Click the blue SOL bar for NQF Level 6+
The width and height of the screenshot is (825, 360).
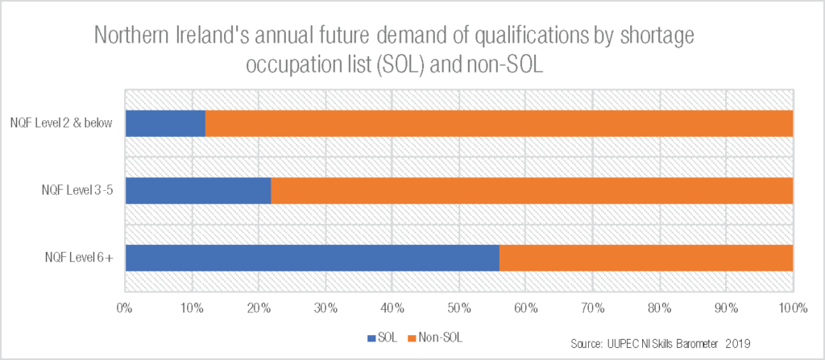click(x=312, y=258)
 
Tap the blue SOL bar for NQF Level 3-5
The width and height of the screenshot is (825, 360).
click(x=198, y=191)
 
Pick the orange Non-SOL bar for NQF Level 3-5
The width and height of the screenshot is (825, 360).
click(x=532, y=191)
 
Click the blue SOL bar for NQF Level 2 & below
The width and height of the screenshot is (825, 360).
click(x=165, y=123)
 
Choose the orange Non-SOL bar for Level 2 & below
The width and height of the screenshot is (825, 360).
click(x=500, y=123)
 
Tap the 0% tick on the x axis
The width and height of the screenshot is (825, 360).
click(x=125, y=307)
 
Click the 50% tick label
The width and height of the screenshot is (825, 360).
click(x=459, y=307)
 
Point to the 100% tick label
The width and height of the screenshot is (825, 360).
click(x=793, y=307)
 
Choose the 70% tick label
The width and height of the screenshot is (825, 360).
click(x=593, y=307)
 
